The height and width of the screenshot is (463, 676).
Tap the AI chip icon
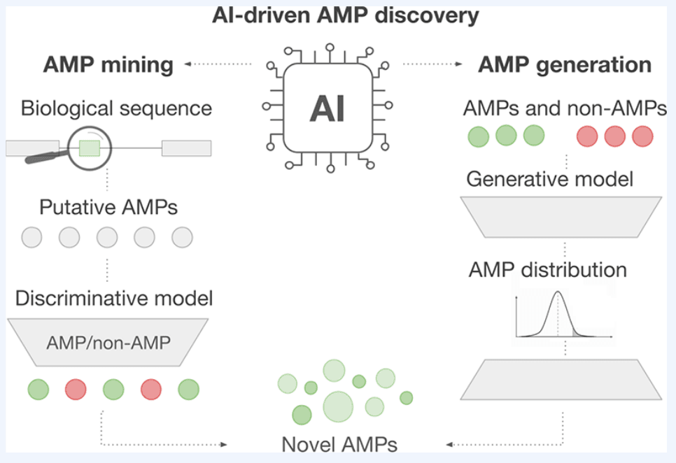[x=328, y=109]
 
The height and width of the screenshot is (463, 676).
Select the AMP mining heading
[x=108, y=65]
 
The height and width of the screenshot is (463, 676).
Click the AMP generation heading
[x=565, y=65]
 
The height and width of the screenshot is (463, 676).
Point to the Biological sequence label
[x=116, y=108]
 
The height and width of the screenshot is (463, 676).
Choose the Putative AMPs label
[x=108, y=208]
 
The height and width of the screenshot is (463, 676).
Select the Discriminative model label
[x=114, y=299]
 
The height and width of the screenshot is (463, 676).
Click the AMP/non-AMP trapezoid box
[x=108, y=343]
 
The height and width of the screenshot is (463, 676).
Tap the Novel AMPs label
[x=339, y=445]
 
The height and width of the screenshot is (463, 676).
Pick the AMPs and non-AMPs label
[x=565, y=109]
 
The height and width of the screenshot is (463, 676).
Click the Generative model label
[x=549, y=179]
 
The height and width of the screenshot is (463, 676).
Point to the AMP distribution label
[x=548, y=269]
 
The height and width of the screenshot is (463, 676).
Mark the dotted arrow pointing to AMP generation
[x=434, y=64]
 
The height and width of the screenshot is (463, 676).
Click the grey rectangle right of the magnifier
[x=186, y=148]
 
